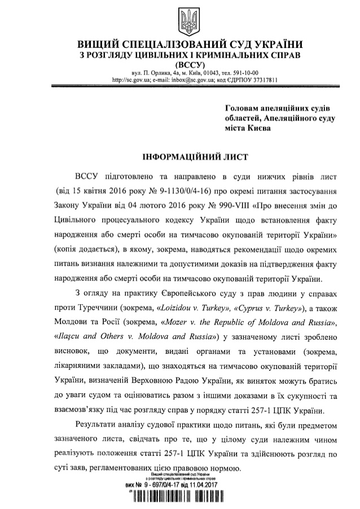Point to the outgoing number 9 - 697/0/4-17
pyautogui.click(x=167, y=484)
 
